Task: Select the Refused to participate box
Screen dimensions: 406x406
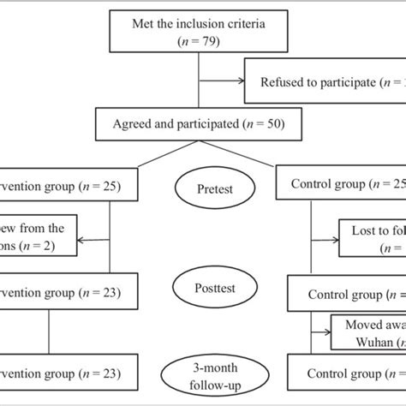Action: pyautogui.click(x=325, y=82)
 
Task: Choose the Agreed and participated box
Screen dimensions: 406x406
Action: pyautogui.click(x=200, y=123)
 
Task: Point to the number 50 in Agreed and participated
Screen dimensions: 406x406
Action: pyautogui.click(x=277, y=123)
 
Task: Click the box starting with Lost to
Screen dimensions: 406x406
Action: pyautogui.click(x=367, y=238)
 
